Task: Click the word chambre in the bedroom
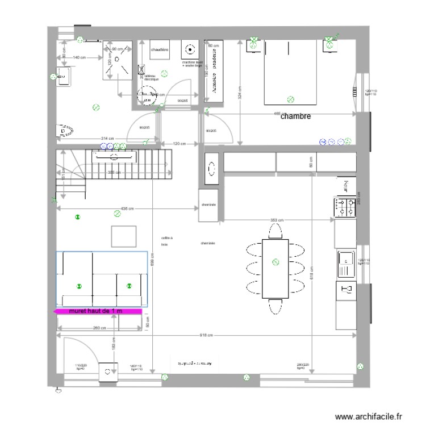[x=295, y=116]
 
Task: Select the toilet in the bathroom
[x=64, y=132]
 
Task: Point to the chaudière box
[x=159, y=51]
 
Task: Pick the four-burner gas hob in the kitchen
[x=344, y=207]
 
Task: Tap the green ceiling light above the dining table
[x=275, y=262]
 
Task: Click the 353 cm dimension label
[x=277, y=220]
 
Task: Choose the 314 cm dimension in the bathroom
[x=107, y=139]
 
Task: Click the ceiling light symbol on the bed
[x=291, y=99]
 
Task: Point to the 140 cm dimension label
[x=79, y=57]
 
